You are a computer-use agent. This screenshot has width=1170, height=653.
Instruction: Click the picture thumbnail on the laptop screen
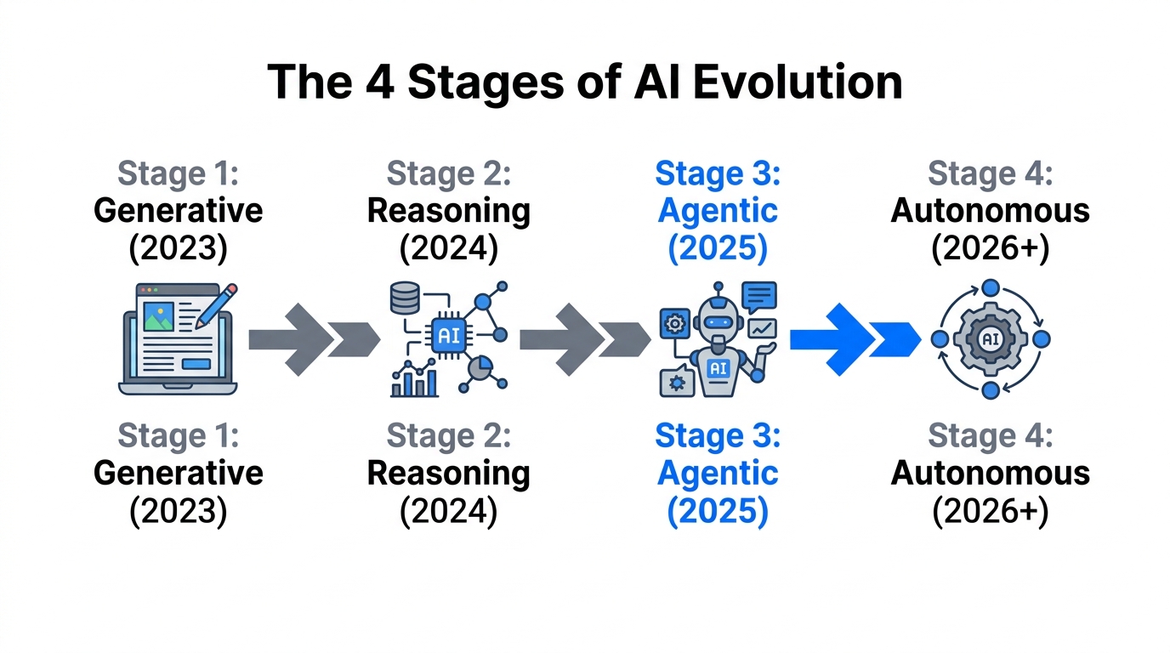pos(159,316)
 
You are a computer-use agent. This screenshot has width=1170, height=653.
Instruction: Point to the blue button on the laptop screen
pos(196,364)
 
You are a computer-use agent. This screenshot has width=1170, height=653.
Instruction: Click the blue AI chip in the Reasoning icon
pos(448,336)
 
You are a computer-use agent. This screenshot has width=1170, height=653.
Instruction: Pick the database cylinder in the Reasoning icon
pos(403,298)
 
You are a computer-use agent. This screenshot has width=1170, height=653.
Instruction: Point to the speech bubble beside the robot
pos(758,296)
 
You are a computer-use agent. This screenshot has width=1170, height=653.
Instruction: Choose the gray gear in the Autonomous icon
pos(990,339)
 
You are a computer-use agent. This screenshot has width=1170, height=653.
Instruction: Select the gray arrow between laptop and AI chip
pos(313,339)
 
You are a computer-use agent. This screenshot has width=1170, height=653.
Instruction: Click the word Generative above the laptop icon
pos(179,211)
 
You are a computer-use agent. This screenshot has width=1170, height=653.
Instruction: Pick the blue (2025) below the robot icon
pos(718,512)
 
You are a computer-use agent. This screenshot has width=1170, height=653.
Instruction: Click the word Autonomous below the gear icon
pos(990,473)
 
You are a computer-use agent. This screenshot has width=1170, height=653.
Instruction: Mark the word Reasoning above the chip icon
pos(448,211)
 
